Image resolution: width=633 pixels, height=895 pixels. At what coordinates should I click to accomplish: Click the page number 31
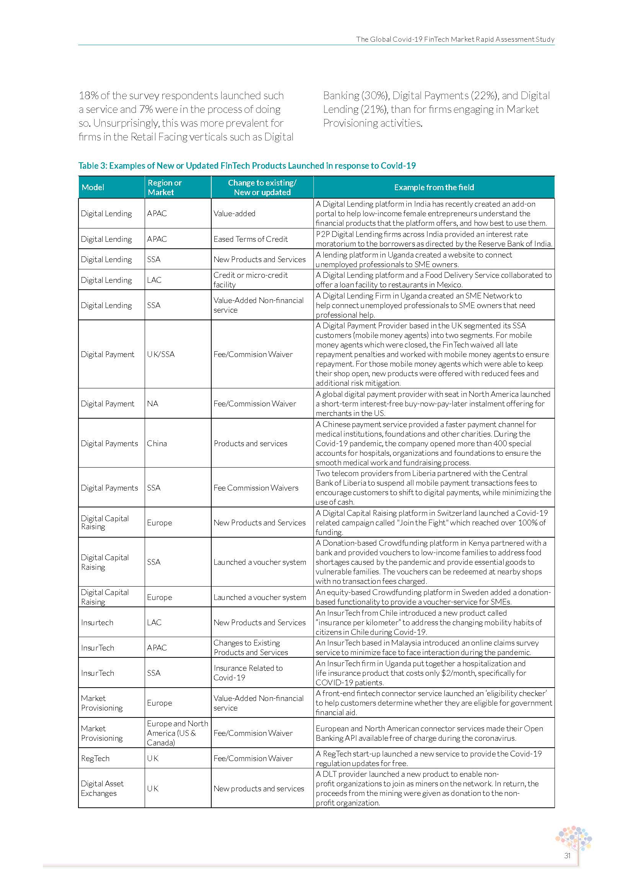pos(567,856)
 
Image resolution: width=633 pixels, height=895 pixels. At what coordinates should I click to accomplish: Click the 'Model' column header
pos(93,187)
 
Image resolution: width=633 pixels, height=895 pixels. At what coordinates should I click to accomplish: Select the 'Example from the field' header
pos(434,187)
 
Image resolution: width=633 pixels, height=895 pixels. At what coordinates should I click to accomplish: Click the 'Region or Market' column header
pos(165,187)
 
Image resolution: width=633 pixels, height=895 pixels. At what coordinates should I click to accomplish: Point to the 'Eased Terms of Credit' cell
pos(251,239)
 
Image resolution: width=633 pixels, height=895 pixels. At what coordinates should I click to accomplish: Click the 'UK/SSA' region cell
pos(161,354)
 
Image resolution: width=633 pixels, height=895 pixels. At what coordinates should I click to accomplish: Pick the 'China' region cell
pos(157,443)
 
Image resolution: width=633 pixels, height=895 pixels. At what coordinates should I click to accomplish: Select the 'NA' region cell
pos(152,403)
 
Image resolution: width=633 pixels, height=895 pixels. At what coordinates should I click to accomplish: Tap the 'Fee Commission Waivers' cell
pos(256,487)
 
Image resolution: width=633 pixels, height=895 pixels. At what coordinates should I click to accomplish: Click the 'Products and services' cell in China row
pos(250,443)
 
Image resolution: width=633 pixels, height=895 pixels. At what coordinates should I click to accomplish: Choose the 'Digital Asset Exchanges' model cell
pos(102,788)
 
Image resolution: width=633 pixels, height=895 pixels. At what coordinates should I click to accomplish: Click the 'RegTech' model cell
pos(95,758)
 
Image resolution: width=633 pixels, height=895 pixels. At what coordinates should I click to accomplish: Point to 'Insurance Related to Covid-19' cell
pos(248,673)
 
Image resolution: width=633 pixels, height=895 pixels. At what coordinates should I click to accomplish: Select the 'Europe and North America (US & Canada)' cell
pos(177,733)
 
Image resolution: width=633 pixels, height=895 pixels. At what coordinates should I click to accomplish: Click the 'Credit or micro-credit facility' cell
pos(250,280)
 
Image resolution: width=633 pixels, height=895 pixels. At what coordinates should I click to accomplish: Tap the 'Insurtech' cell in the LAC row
pos(97,623)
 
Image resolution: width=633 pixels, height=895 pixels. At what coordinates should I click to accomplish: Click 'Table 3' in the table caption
pos(92,166)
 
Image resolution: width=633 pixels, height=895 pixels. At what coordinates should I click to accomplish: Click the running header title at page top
pos(455,39)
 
